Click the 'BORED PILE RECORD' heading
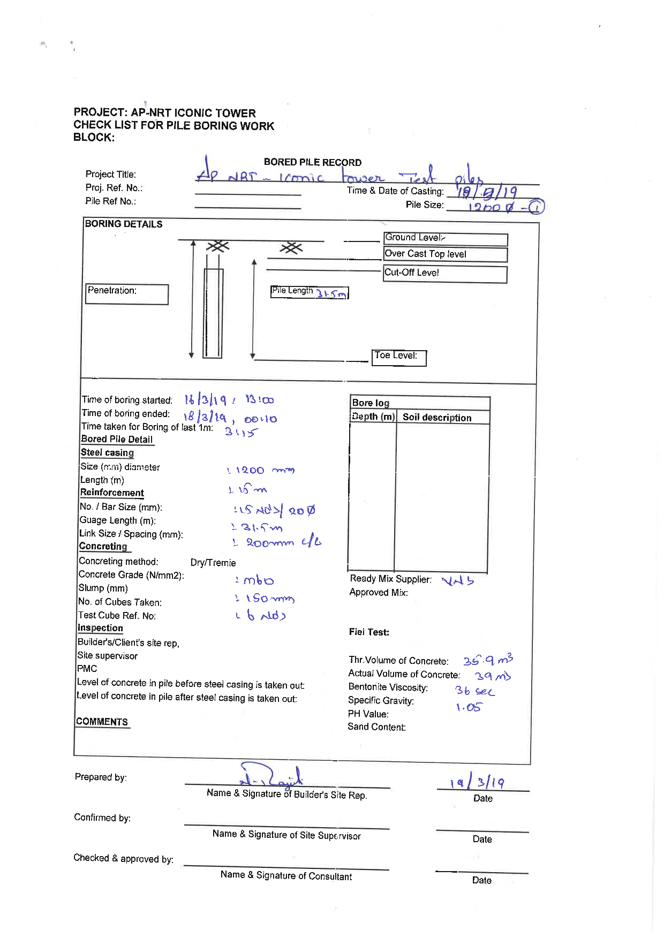[312, 162]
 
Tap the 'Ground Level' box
[445, 239]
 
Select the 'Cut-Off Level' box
[445, 274]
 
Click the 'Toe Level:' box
[399, 358]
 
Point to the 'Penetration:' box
[127, 294]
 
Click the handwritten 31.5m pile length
[331, 294]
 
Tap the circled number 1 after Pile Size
[537, 207]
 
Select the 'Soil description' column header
[437, 418]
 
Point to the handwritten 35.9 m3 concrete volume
[488, 660]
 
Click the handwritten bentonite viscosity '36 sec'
[474, 691]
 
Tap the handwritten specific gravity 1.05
[469, 707]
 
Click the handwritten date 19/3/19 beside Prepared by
[477, 782]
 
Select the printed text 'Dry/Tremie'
[213, 563]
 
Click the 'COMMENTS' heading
[102, 722]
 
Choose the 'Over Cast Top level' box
[445, 254]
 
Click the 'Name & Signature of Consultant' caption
[286, 876]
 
